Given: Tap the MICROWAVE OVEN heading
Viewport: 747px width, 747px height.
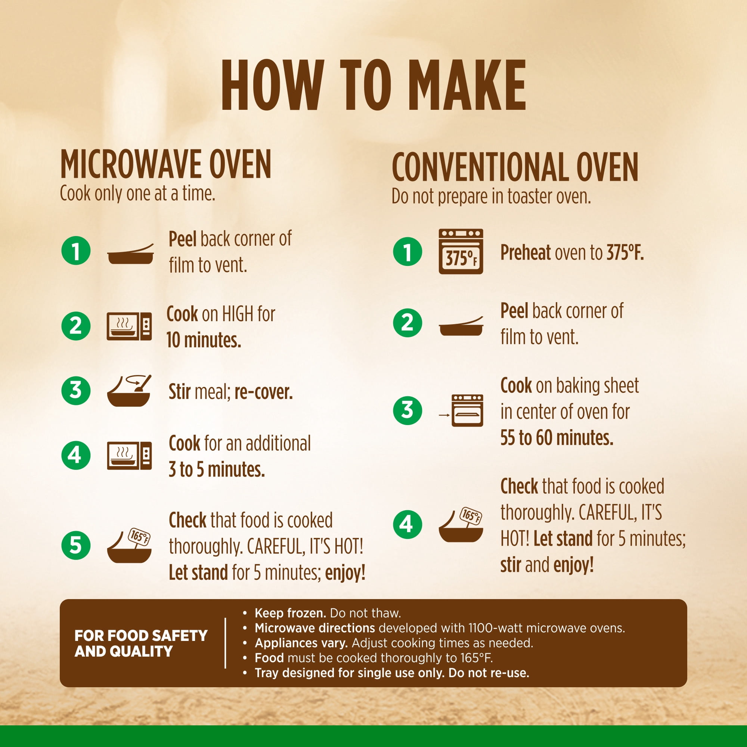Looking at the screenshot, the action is (165, 165).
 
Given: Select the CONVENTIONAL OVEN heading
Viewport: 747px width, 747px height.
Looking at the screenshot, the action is (515, 167).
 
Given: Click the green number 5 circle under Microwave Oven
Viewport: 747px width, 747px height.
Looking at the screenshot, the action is (76, 546).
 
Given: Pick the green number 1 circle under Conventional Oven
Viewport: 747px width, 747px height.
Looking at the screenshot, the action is (407, 252).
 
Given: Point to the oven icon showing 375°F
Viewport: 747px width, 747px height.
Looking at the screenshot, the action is (461, 251).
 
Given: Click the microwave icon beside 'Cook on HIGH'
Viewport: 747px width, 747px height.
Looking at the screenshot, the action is (129, 326).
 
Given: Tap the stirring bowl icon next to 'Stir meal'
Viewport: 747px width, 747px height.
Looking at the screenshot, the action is (129, 391).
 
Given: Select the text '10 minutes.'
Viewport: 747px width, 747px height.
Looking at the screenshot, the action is (204, 340).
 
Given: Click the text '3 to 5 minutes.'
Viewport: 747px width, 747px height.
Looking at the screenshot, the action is (217, 469).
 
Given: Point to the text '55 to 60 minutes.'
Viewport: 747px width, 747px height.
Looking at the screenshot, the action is (557, 438).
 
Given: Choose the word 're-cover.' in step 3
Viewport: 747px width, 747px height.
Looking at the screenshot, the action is (263, 392).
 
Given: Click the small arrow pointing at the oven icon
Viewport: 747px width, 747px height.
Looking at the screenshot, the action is (444, 415).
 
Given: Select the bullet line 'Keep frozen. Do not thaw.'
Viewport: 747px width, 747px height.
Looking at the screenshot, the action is (328, 613).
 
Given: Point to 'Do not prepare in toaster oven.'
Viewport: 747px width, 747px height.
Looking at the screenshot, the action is (491, 196).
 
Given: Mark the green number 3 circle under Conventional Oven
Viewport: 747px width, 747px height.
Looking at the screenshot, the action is (407, 410).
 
